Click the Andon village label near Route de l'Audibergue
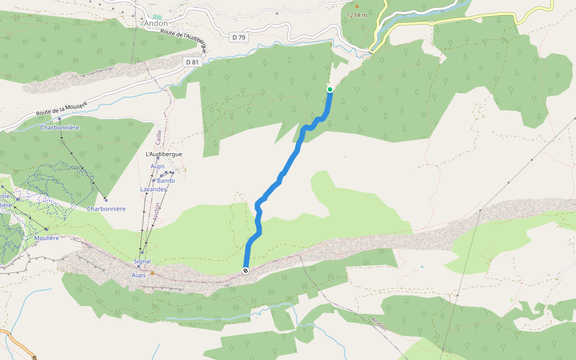click(x=156, y=23)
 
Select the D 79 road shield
click(x=239, y=37)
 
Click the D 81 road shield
click(x=192, y=62)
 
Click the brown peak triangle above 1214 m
click(x=356, y=6)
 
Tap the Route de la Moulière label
click(x=61, y=109)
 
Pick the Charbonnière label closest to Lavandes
click(x=106, y=209)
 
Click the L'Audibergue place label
click(x=164, y=154)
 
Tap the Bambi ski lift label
click(x=166, y=181)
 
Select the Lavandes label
click(x=153, y=189)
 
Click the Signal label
click(x=142, y=262)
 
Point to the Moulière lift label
click(x=46, y=238)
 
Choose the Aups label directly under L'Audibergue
click(x=157, y=166)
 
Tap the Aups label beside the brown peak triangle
click(x=138, y=275)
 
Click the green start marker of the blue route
click(x=330, y=89)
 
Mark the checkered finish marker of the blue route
click(x=246, y=271)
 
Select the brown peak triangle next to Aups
click(x=152, y=273)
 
